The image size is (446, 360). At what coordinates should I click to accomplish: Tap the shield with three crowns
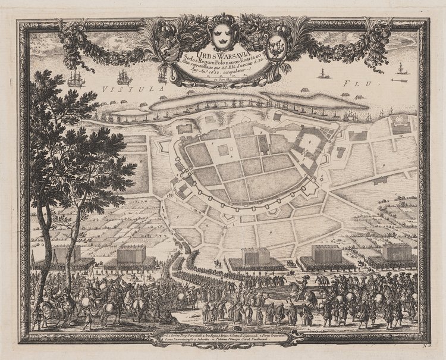coord(222,36)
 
